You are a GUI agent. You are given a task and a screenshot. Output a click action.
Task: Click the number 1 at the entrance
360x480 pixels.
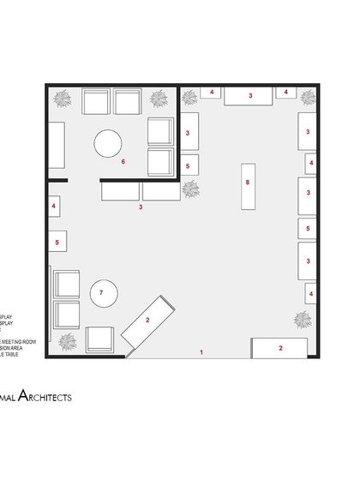pyautogui.click(x=201, y=352)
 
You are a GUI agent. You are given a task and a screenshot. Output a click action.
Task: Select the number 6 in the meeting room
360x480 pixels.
pyautogui.click(x=123, y=160)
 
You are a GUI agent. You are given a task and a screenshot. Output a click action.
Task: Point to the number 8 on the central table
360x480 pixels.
pyautogui.click(x=247, y=183)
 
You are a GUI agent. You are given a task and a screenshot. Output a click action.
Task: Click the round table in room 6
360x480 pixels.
pyautogui.click(x=109, y=144)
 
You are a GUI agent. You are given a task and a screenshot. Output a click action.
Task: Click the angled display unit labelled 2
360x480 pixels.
pyautogui.click(x=151, y=321)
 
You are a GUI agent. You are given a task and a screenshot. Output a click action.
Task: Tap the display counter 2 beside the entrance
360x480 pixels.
pyautogui.click(x=279, y=348)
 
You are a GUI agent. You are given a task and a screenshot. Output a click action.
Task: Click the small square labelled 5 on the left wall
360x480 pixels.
pyautogui.click(x=57, y=243)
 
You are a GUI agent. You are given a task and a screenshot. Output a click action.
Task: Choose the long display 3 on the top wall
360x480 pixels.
pyautogui.click(x=250, y=96)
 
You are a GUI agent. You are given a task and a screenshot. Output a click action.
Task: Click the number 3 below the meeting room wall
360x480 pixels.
pyautogui.click(x=141, y=207)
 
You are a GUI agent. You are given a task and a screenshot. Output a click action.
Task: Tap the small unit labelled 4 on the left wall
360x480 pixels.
pyautogui.click(x=53, y=207)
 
